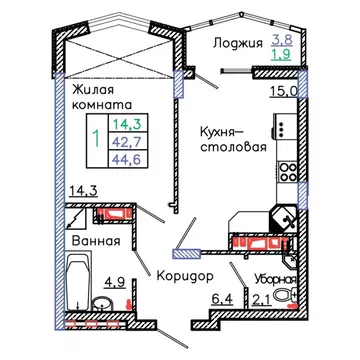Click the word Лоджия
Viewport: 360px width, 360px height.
236,43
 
